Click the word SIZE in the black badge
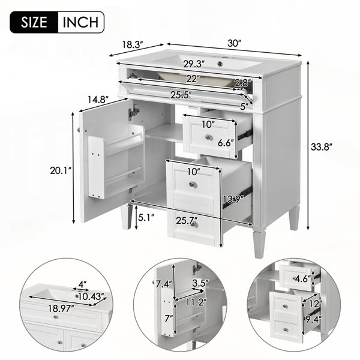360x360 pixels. pyautogui.click(x=34, y=22)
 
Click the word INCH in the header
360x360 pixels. pyautogui.click(x=80, y=22)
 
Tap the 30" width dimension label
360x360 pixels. pyautogui.click(x=235, y=43)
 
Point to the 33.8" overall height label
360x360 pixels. pyautogui.click(x=322, y=147)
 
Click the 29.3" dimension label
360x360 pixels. pyautogui.click(x=194, y=64)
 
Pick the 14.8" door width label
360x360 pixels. pyautogui.click(x=98, y=100)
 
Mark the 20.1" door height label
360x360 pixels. pyautogui.click(x=61, y=170)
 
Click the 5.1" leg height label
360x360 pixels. pyautogui.click(x=146, y=217)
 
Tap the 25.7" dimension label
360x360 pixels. pyautogui.click(x=187, y=221)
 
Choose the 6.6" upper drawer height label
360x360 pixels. pyautogui.click(x=226, y=143)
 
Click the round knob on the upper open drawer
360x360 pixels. pyautogui.click(x=208, y=137)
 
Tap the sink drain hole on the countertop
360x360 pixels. pyautogui.click(x=221, y=62)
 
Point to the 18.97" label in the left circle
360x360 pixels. pyautogui.click(x=61, y=308)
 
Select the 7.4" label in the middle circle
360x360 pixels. pyautogui.click(x=164, y=284)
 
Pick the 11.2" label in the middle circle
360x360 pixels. pyautogui.click(x=196, y=302)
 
